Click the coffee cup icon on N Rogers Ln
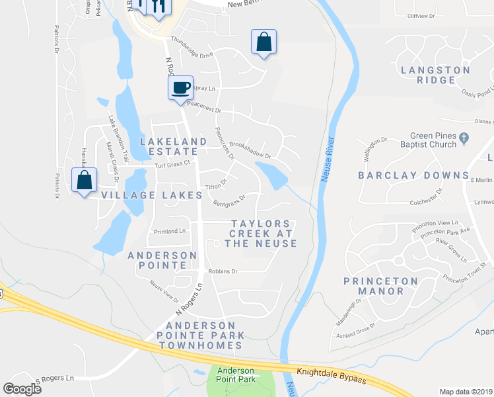click(181, 87)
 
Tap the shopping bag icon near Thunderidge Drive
click(264, 42)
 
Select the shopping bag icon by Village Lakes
click(85, 180)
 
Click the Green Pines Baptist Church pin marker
click(464, 138)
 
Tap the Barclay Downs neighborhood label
click(413, 175)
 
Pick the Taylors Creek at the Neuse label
click(260, 234)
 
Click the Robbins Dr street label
click(223, 271)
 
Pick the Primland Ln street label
click(170, 232)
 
